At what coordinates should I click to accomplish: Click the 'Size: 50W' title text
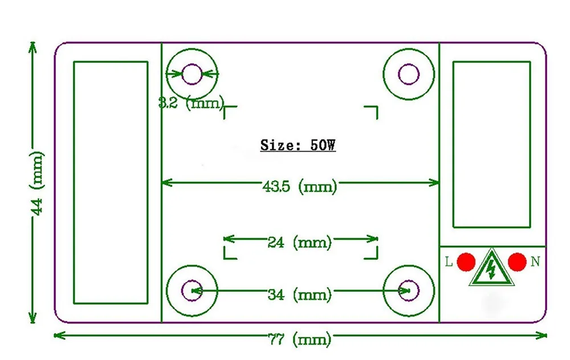(298, 145)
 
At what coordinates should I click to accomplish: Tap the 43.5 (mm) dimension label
(300, 186)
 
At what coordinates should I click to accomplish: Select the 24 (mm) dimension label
(300, 242)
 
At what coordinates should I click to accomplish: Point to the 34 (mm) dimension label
(300, 294)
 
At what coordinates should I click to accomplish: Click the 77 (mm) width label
(300, 339)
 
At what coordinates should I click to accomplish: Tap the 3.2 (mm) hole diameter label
(191, 103)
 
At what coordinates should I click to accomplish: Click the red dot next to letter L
(466, 262)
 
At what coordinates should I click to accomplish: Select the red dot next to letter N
(517, 262)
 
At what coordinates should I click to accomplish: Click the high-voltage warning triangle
(491, 269)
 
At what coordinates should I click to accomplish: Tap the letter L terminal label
(449, 261)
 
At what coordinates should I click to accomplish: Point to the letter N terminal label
(535, 261)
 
